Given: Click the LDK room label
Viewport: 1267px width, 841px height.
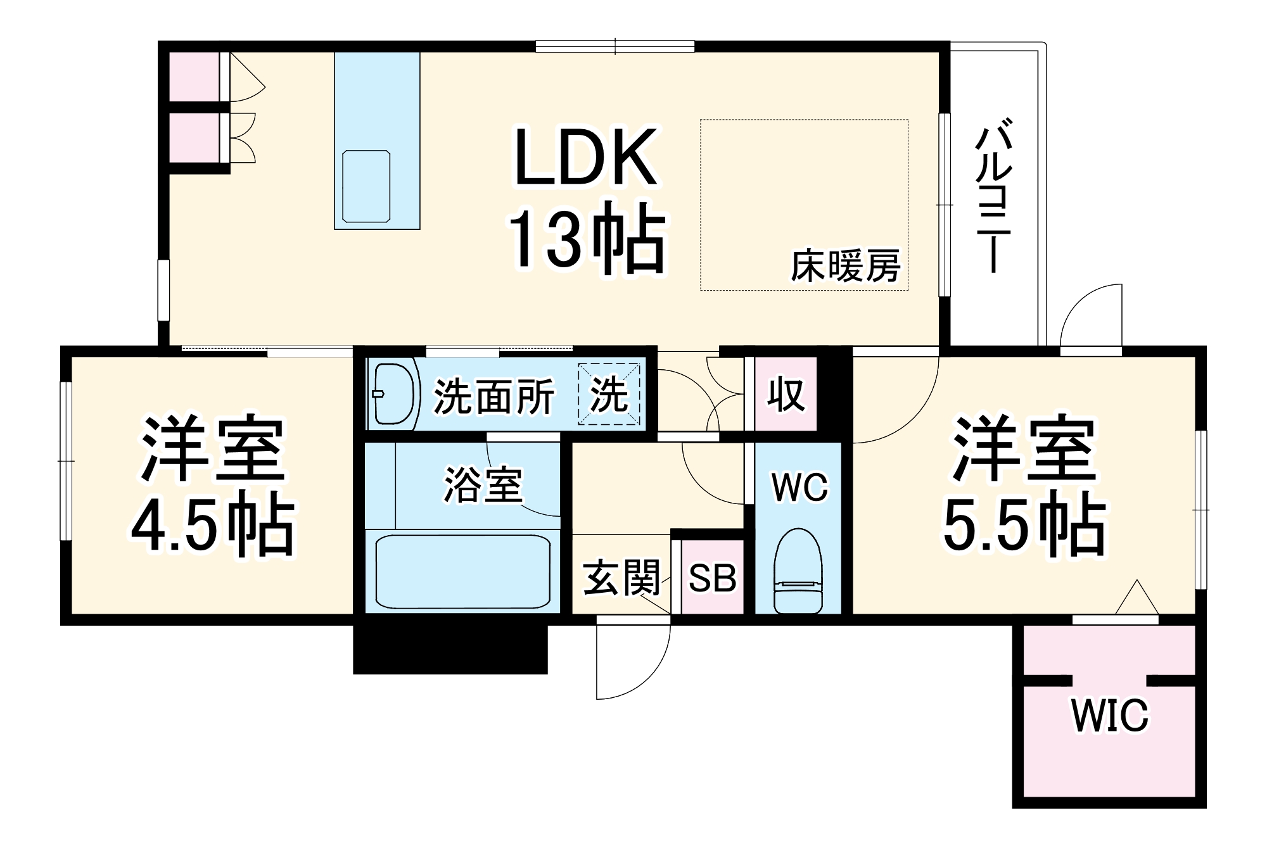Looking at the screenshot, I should tap(585, 158).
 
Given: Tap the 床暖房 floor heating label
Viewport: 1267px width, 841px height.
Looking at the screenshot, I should tap(845, 266).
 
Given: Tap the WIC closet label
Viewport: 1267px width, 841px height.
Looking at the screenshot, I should tap(1110, 716).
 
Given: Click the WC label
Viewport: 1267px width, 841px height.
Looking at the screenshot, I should tap(799, 487).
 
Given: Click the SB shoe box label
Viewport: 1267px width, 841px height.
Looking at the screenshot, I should tap(713, 578).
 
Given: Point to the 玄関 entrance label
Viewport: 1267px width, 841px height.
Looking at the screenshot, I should tap(621, 578).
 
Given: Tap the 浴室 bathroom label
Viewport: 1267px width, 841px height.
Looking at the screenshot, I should tap(483, 485).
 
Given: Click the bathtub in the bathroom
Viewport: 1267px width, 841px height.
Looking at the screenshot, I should tap(462, 572).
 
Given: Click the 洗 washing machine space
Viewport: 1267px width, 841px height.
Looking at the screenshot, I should tap(609, 395).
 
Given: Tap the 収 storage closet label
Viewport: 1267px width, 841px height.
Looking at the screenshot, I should tap(786, 395).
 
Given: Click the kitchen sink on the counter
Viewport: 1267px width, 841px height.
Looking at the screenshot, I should tap(366, 186).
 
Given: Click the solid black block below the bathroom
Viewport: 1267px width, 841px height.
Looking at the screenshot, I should tap(450, 649).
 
